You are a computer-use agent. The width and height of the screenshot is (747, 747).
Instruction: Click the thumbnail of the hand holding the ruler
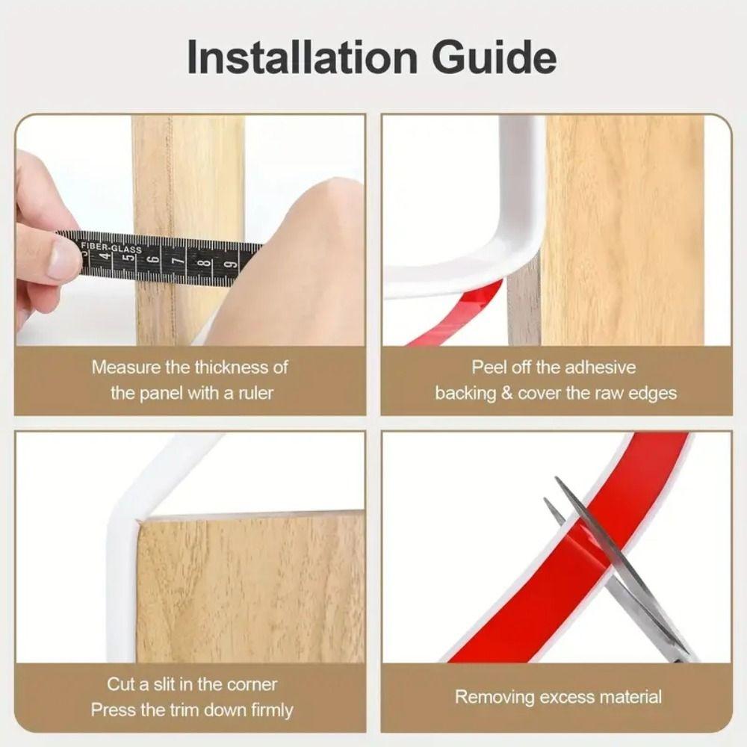click(45, 239)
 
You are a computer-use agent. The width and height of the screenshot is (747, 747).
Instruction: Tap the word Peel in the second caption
click(486, 368)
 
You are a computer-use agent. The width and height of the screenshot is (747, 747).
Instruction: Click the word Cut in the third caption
click(122, 684)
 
